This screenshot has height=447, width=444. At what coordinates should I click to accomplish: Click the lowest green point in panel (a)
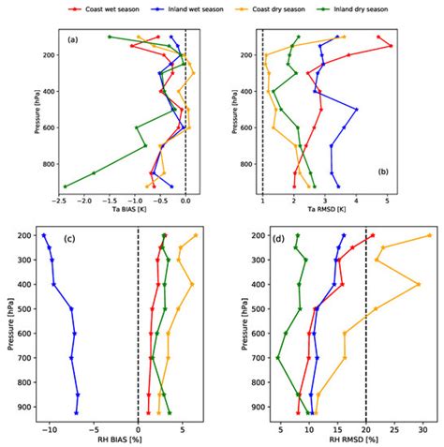tap(65, 186)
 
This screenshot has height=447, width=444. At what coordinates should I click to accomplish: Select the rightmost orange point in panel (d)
tap(429, 235)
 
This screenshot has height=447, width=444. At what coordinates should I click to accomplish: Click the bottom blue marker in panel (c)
tap(77, 412)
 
